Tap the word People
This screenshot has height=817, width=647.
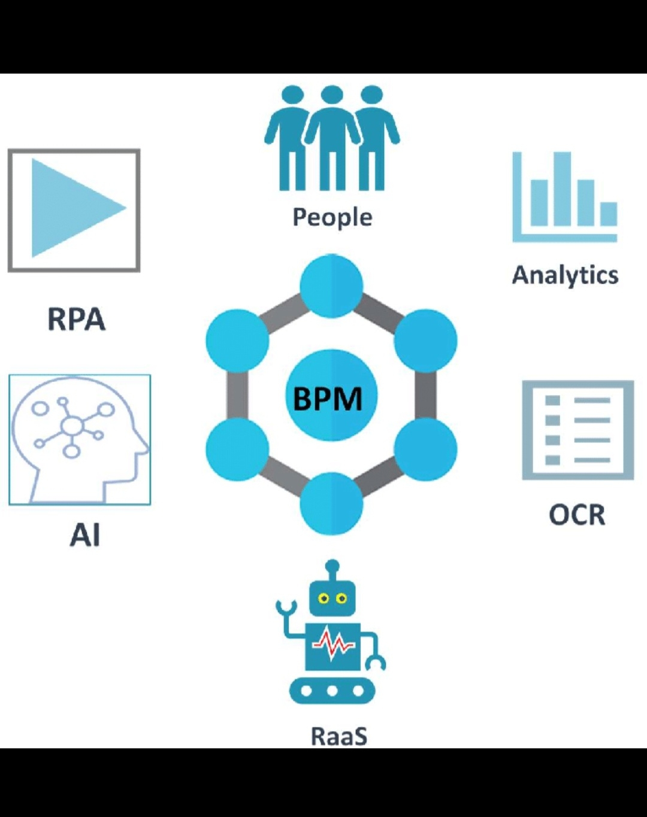pos(332,217)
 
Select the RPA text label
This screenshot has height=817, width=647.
pos(76,319)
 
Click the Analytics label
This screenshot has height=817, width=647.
pos(565,275)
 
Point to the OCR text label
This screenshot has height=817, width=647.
pos(577,515)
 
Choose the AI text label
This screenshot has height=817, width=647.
pos(84,534)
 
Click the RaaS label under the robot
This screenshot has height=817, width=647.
pos(338,736)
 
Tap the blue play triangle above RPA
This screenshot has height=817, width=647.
pos(72,208)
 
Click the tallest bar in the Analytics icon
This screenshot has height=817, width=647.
pos(561,189)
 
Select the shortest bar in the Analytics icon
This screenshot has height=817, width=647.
pos(609,214)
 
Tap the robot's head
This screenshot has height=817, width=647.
pos(332,598)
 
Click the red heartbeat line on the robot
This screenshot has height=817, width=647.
pos(333,644)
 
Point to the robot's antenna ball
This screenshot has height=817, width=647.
pos(332,566)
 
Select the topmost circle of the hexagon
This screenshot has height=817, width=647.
pos(331,286)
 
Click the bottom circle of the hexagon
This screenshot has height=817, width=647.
pos(331,504)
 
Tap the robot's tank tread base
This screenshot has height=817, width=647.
pos(332,691)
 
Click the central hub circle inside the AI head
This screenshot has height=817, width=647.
pos(72,426)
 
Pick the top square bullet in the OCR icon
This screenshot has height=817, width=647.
pos(552,400)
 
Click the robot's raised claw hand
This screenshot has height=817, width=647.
pos(286,608)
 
